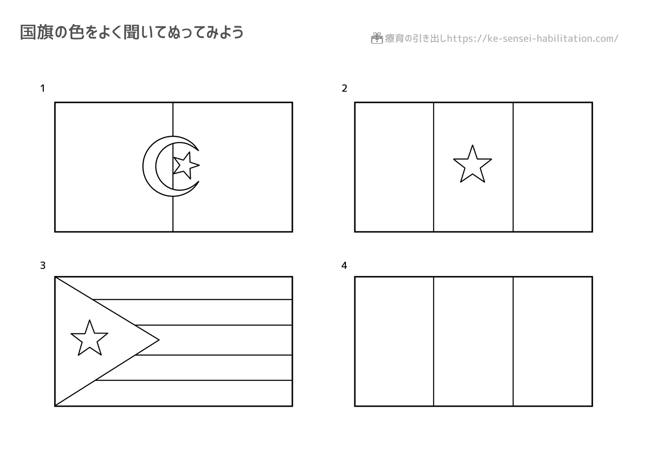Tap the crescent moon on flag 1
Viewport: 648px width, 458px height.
pos(149,166)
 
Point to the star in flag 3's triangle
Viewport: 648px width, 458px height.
pos(89,338)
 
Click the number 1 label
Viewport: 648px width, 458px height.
pos(42,88)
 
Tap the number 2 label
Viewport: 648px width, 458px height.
pos(344,88)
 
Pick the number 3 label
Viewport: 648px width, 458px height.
pos(43,266)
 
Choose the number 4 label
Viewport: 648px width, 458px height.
pos(344,266)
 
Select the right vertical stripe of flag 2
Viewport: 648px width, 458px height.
pos(553,167)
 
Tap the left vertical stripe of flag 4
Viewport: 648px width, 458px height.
pos(394,341)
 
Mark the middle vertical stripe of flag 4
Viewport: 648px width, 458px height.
pos(473,341)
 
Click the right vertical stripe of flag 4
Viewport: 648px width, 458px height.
pos(553,341)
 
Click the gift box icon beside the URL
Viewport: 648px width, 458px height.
pos(377,38)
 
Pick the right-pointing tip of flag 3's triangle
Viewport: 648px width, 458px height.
pos(159,340)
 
